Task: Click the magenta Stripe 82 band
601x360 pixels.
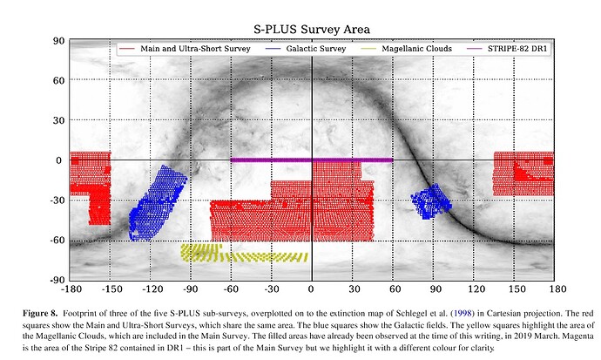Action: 311,160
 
